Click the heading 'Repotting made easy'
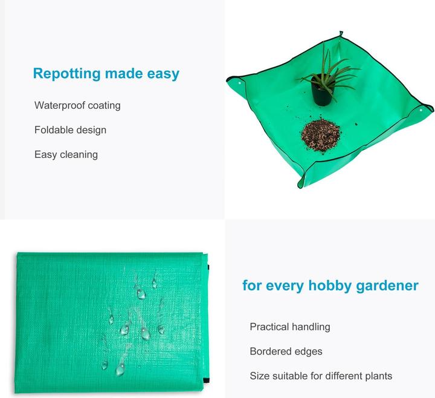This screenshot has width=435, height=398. point(106,74)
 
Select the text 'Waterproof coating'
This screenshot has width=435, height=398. point(77,105)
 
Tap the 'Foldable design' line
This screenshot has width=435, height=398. point(70,129)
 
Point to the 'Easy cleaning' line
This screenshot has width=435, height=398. point(66,154)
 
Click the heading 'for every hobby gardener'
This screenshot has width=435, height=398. point(330,285)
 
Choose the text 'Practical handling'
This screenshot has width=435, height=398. point(290,327)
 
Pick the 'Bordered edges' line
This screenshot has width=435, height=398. point(286,351)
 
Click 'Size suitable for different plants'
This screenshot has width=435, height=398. point(321,376)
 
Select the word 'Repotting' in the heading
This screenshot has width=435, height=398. point(66,74)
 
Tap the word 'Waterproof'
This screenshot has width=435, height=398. point(60,105)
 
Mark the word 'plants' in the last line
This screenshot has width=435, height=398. point(376,376)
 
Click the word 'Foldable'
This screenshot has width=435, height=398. point(53,129)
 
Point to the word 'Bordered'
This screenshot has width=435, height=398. point(270,351)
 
